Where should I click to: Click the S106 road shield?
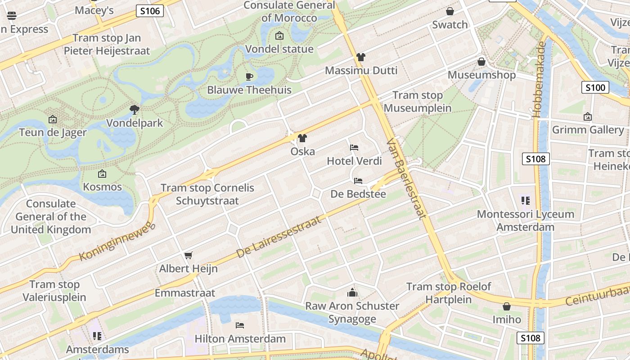point(149,11)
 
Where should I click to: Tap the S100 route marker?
point(595,87)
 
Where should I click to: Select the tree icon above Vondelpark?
point(134,109)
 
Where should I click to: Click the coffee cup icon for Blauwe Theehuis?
point(249,76)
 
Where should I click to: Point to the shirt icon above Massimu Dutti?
point(361,57)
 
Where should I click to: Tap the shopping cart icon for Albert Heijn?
point(189,256)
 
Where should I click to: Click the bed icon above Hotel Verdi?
point(354,148)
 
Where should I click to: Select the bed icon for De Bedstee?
point(358,181)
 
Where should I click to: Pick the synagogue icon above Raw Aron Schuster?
point(352,293)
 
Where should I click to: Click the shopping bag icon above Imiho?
point(506,306)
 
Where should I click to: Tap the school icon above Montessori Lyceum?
point(525,201)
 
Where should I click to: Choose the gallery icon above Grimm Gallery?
point(587,117)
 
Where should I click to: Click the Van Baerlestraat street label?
point(406,179)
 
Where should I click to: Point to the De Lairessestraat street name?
point(279,237)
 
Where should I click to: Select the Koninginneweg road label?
point(117,241)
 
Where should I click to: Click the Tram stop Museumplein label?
point(418,102)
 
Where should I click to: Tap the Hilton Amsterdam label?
point(240,338)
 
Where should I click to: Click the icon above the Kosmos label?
point(102,174)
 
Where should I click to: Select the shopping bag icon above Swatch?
point(450,11)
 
